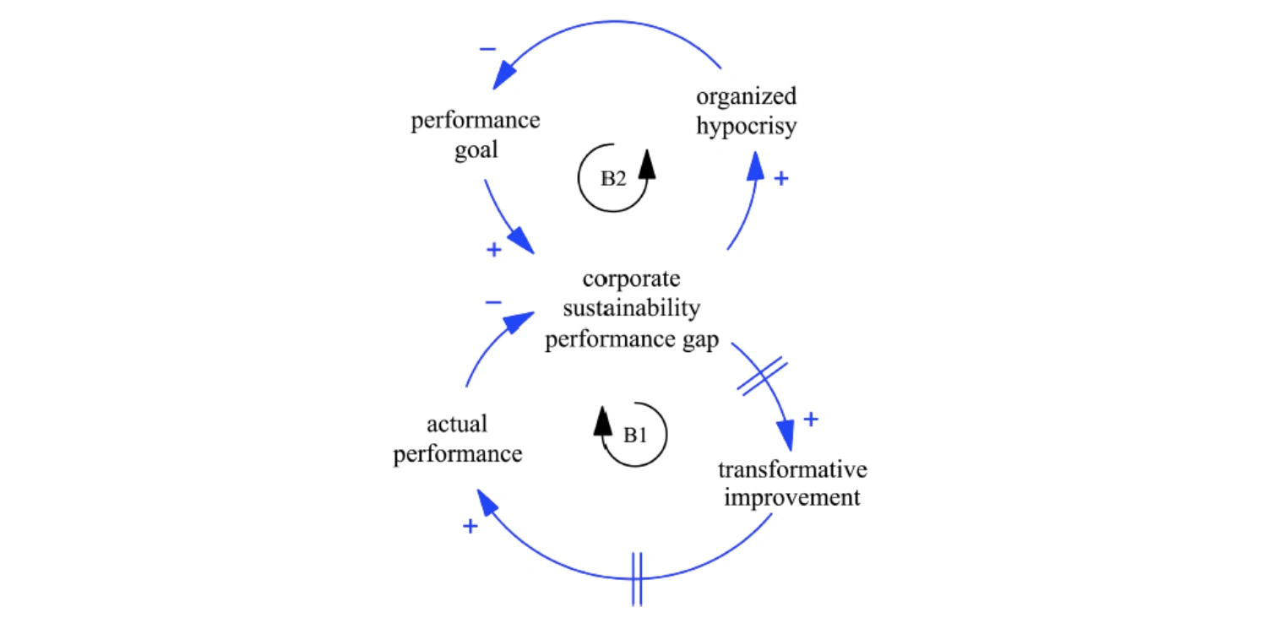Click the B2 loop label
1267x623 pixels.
(x=613, y=181)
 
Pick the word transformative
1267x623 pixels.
(x=792, y=469)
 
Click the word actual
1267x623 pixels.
(x=458, y=424)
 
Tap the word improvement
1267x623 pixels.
(x=792, y=497)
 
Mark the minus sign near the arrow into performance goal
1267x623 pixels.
(x=488, y=49)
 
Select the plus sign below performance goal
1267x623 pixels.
(x=494, y=250)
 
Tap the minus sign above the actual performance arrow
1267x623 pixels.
(x=494, y=302)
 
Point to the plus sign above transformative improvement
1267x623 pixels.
(x=810, y=419)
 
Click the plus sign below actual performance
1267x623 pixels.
(x=470, y=527)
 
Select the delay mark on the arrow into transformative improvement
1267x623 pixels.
(x=762, y=376)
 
